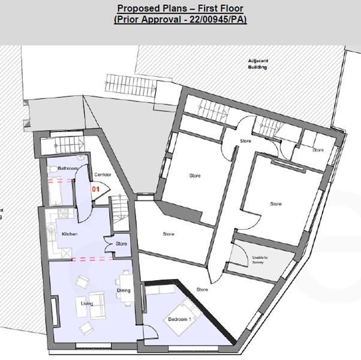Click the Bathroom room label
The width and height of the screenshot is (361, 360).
(x=68, y=169)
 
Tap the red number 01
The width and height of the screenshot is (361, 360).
(x=95, y=188)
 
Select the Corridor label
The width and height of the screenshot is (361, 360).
(x=103, y=175)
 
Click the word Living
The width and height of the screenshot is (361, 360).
(x=87, y=304)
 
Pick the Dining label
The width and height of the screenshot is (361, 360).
(x=124, y=291)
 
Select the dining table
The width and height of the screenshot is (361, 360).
(x=125, y=281)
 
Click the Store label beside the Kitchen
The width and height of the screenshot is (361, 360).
(x=121, y=244)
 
